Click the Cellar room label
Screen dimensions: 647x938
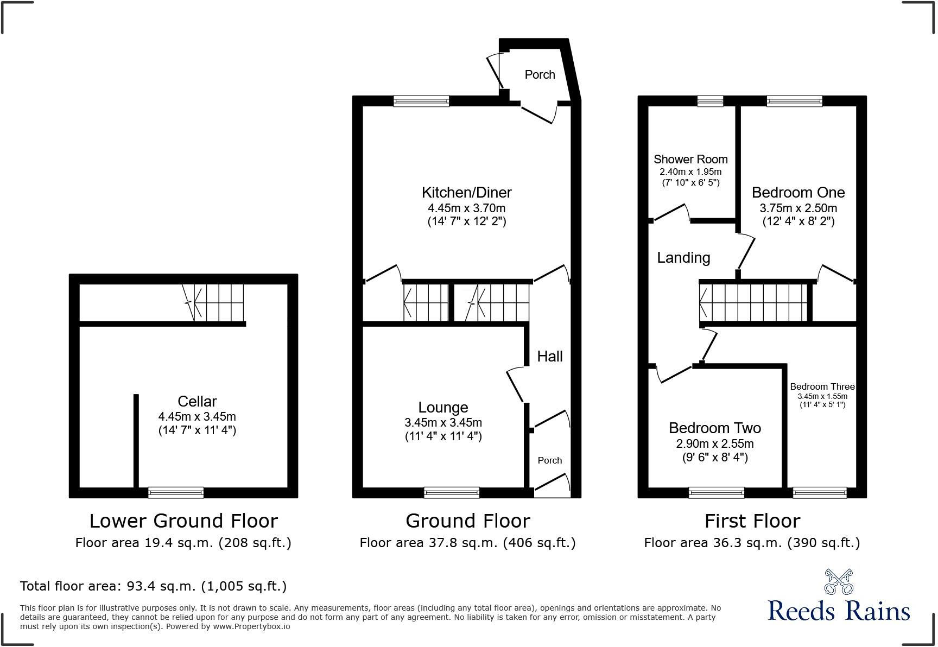click(x=197, y=401)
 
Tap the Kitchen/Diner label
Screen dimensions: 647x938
click(x=466, y=192)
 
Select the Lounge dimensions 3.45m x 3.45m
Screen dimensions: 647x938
click(x=443, y=422)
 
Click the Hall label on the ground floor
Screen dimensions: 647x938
click(x=549, y=356)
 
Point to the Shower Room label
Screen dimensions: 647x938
click(x=690, y=159)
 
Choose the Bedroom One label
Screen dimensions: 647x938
click(x=798, y=192)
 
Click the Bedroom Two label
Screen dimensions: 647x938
click(x=714, y=428)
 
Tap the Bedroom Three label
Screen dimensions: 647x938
click(x=822, y=386)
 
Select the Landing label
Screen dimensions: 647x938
click(x=683, y=257)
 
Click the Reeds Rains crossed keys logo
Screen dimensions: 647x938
click(x=838, y=582)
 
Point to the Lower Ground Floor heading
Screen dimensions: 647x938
click(x=183, y=521)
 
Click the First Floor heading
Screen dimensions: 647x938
click(x=752, y=521)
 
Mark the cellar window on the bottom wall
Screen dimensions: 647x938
click(x=176, y=492)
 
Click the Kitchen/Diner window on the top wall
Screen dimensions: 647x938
click(x=421, y=101)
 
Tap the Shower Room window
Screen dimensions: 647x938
click(x=710, y=101)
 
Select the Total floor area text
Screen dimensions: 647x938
click(x=153, y=586)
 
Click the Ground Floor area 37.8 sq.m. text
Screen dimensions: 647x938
click(x=467, y=542)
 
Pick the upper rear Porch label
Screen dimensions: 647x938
click(x=540, y=74)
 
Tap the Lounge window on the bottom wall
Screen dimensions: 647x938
click(x=452, y=492)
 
